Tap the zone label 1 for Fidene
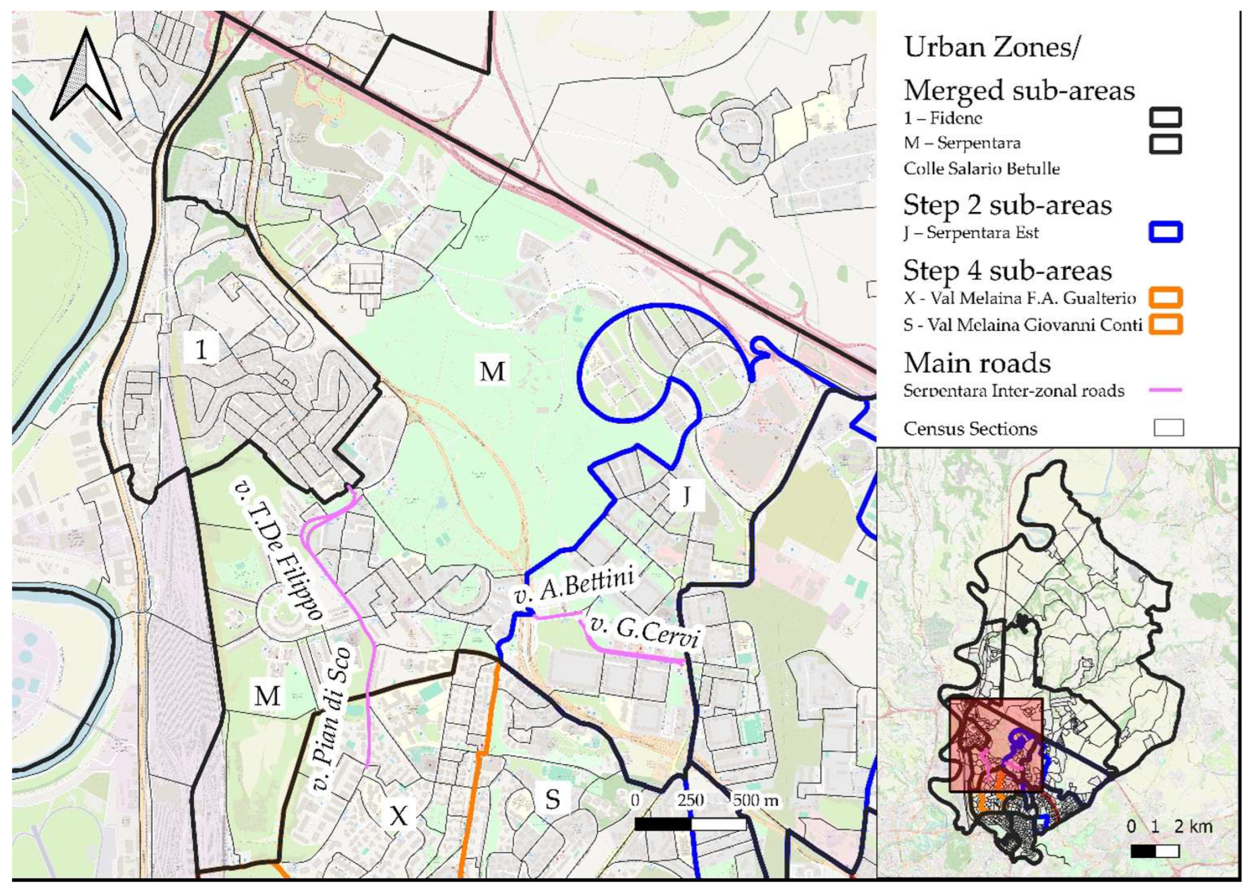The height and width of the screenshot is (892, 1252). [202, 349]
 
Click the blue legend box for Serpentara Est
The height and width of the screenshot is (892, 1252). [1165, 232]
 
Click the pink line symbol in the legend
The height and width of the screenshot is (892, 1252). [1165, 390]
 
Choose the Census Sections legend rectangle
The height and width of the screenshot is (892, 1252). [1168, 428]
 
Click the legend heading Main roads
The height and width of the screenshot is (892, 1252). [977, 363]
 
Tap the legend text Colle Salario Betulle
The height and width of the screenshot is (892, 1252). [981, 169]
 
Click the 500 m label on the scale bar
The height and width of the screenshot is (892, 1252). [755, 800]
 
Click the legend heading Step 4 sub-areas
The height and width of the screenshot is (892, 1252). [1007, 271]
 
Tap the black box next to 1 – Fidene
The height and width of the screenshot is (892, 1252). [1165, 117]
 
